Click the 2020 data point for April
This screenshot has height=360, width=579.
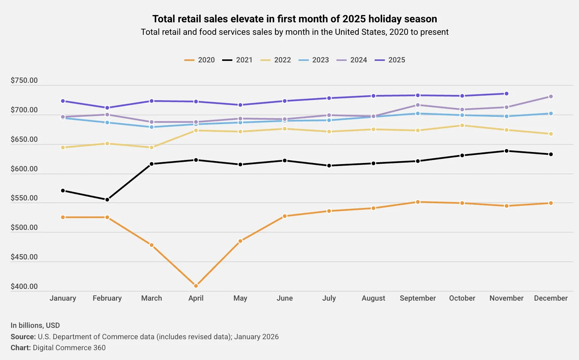pos(196,286)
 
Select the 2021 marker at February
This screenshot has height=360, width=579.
pos(107,200)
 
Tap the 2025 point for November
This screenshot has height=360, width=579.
pos(506,94)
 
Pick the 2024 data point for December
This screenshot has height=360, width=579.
pos(551,97)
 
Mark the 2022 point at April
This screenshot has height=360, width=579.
pos(196,130)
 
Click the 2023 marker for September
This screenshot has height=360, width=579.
pos(418,113)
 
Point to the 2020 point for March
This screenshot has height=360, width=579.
pos(152,245)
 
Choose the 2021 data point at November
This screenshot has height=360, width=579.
pos(506,151)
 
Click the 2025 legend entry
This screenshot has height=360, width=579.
pos(390,60)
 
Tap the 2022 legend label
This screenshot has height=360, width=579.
pos(282,60)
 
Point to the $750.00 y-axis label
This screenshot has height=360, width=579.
pos(24,81)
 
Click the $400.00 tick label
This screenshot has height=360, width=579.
pos(24,287)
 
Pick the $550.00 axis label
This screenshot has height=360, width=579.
pos(24,198)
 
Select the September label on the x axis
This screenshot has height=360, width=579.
pos(418,298)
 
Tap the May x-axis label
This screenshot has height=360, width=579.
pos(240,298)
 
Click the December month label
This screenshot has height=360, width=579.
pos(551,298)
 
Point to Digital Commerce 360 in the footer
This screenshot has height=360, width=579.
pos(69,348)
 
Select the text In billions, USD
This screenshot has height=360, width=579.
pos(35,326)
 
